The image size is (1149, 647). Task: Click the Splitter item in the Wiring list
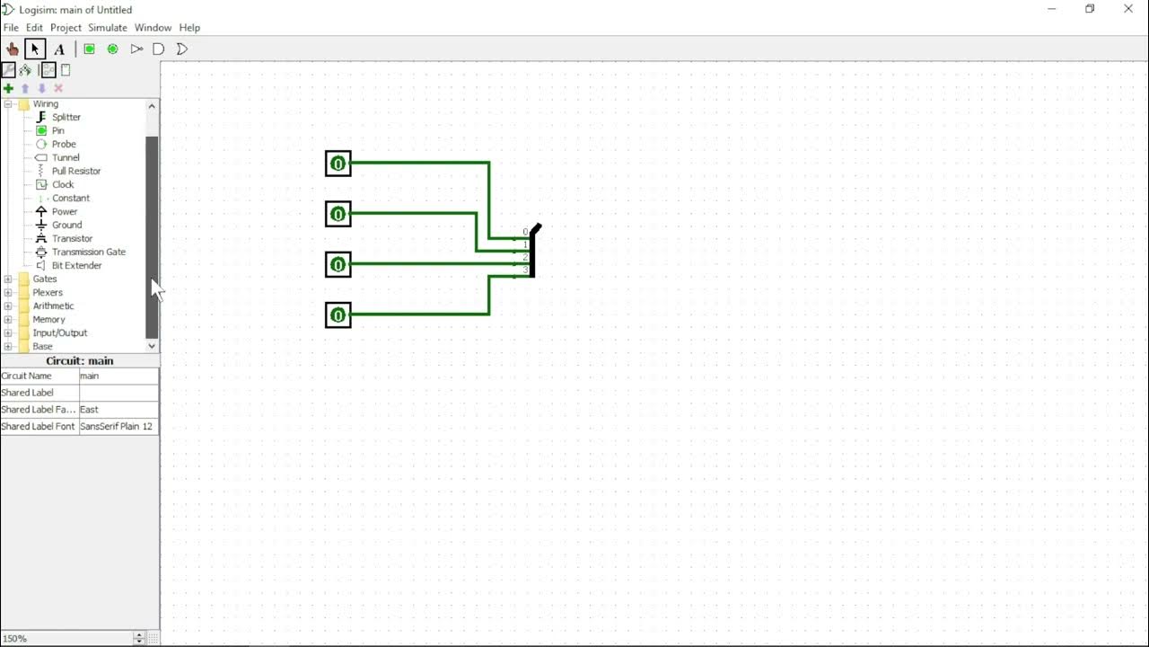[66, 117]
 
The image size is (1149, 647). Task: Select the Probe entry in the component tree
[63, 144]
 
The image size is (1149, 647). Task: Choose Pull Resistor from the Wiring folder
[75, 171]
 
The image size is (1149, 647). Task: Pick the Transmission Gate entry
[88, 252]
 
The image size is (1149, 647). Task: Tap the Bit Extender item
[76, 265]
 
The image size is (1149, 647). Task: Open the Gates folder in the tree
[45, 279]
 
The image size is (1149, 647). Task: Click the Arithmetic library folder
[53, 306]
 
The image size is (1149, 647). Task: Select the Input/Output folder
[59, 332]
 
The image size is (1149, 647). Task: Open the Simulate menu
[108, 28]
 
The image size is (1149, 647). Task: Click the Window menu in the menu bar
[153, 28]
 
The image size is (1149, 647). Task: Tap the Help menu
[189, 28]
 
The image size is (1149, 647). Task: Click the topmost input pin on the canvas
[338, 164]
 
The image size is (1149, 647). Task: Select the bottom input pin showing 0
[338, 315]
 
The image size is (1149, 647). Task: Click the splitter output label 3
[526, 270]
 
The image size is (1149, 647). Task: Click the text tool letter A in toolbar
[59, 49]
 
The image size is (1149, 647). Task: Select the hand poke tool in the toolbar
[13, 49]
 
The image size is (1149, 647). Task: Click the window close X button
[1128, 9]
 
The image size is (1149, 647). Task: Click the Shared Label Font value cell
[118, 427]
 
